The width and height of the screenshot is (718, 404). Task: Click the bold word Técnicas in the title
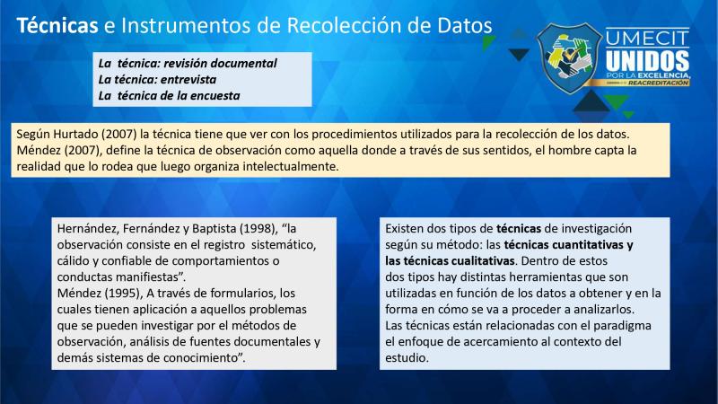(x=57, y=25)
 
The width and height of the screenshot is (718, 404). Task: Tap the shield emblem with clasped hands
(x=569, y=58)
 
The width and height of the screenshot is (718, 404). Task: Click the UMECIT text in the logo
(x=647, y=38)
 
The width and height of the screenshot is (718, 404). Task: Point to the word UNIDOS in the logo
(x=647, y=60)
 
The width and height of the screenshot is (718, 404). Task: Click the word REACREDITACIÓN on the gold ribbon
(x=659, y=83)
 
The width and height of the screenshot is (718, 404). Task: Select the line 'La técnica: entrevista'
(x=157, y=80)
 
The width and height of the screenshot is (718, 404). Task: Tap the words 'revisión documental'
(x=220, y=63)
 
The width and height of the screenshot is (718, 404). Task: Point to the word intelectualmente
(x=290, y=166)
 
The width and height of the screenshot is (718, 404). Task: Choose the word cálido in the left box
(x=74, y=261)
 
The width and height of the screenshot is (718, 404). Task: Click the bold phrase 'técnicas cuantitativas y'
(x=568, y=245)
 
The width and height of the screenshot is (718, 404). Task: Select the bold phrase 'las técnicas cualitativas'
(x=451, y=261)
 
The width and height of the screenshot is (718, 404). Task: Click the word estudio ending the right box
(x=407, y=357)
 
